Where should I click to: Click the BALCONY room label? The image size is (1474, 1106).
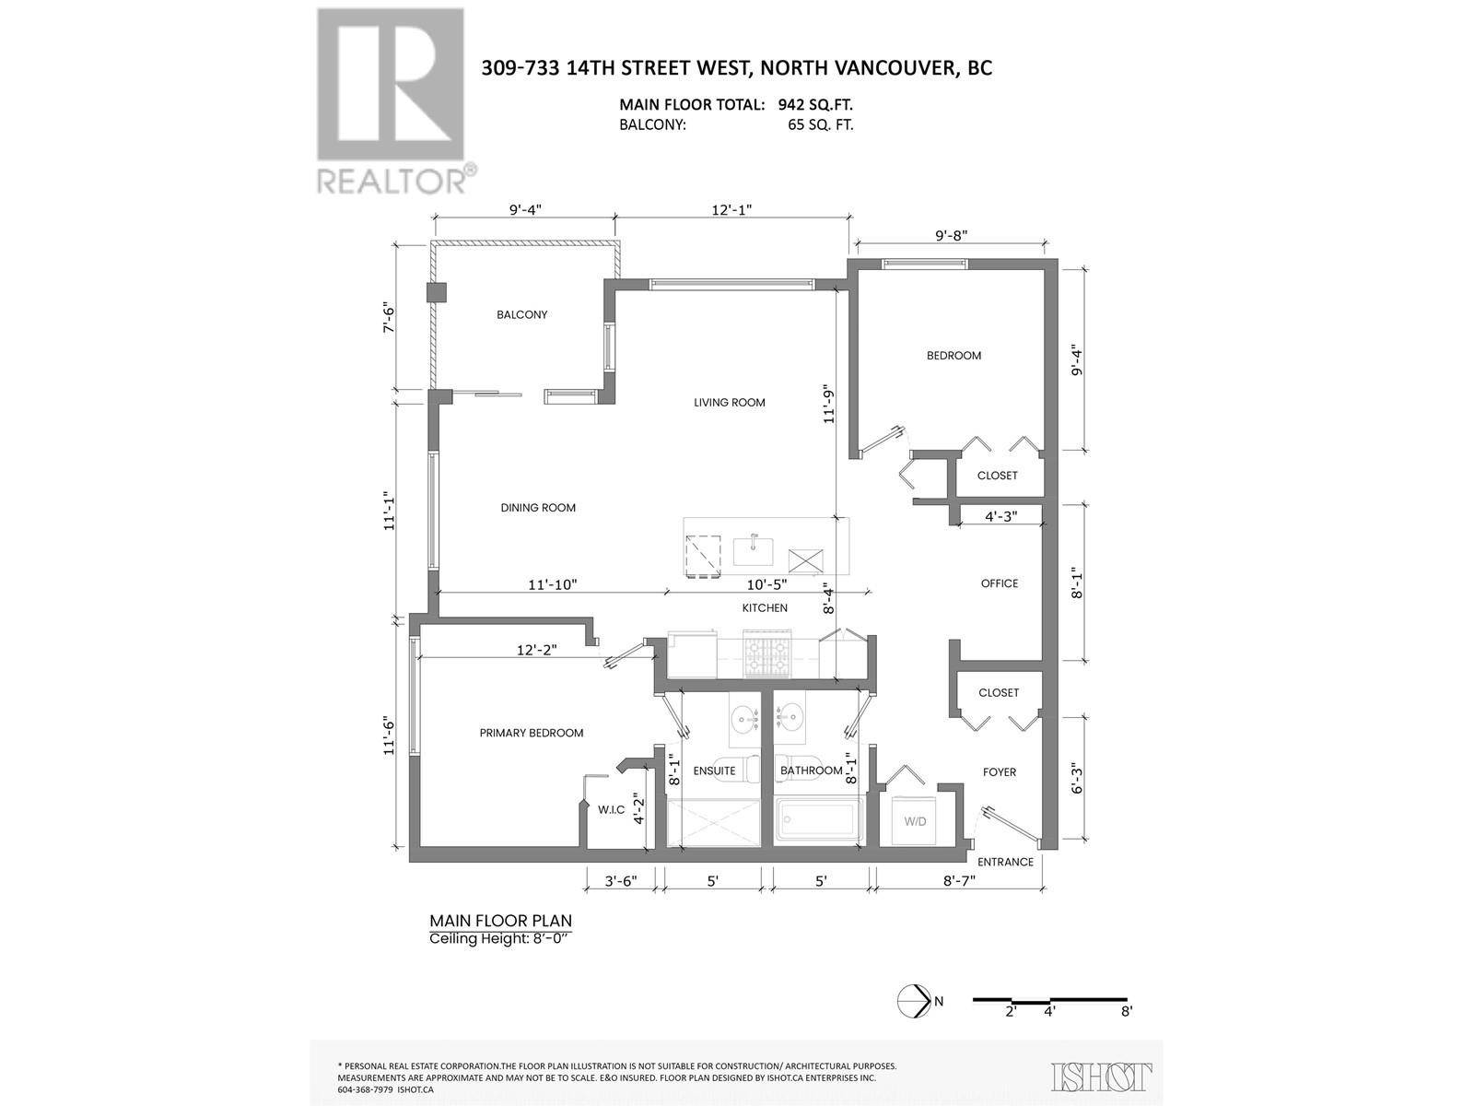(x=521, y=314)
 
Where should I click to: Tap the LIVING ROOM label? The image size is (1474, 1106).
(x=729, y=402)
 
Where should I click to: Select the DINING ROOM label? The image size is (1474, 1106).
(x=538, y=508)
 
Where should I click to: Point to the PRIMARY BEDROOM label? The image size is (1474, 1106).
(x=532, y=733)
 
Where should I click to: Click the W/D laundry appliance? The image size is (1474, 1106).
(x=915, y=820)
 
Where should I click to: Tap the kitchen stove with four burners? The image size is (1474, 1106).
(x=766, y=653)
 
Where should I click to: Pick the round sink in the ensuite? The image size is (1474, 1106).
(x=743, y=716)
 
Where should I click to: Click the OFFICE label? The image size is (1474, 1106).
(x=1000, y=583)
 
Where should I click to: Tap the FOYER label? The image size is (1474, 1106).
(x=1000, y=771)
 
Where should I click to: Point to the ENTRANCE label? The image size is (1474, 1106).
(x=1005, y=862)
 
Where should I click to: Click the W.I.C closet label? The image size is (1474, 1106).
(x=611, y=809)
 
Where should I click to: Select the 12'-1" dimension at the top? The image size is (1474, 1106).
(x=732, y=209)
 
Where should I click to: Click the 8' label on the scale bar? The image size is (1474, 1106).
(x=1126, y=1011)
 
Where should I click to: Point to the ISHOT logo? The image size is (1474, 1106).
(x=1102, y=1076)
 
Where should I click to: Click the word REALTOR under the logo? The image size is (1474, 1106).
(x=391, y=179)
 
